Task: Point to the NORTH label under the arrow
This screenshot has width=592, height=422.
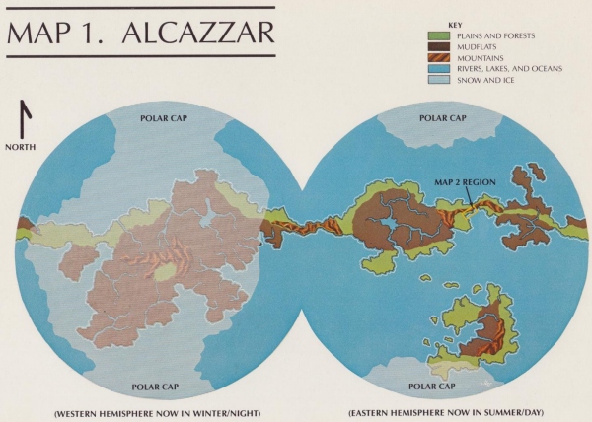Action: click(x=22, y=148)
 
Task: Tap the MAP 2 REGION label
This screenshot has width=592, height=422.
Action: click(x=471, y=182)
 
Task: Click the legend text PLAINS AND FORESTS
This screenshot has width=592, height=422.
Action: click(x=494, y=35)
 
